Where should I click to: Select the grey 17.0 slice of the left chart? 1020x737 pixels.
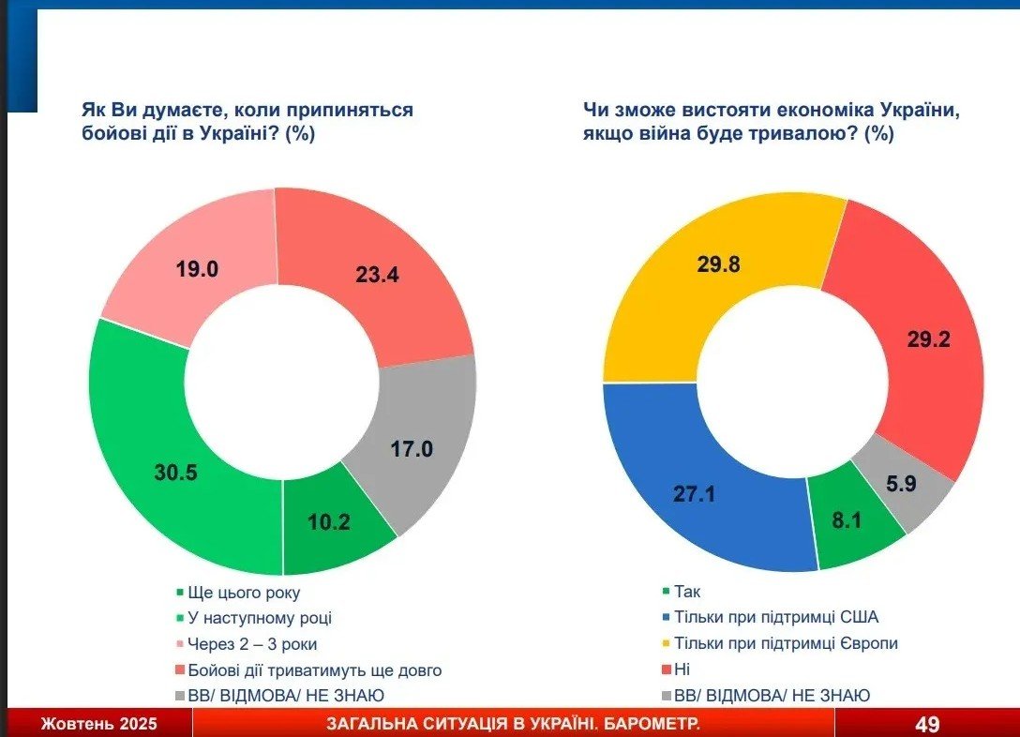coord(412,448)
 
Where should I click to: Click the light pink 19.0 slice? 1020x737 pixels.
coord(197,270)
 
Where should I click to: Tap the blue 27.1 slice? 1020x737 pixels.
coord(695,494)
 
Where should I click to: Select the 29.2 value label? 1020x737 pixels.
coord(929,339)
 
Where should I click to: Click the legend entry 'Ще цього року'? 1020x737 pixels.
coord(243,593)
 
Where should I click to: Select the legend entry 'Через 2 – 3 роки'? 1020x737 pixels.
coord(252,644)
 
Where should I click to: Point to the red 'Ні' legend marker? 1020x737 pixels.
coord(666,670)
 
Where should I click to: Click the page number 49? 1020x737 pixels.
coord(927,724)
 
